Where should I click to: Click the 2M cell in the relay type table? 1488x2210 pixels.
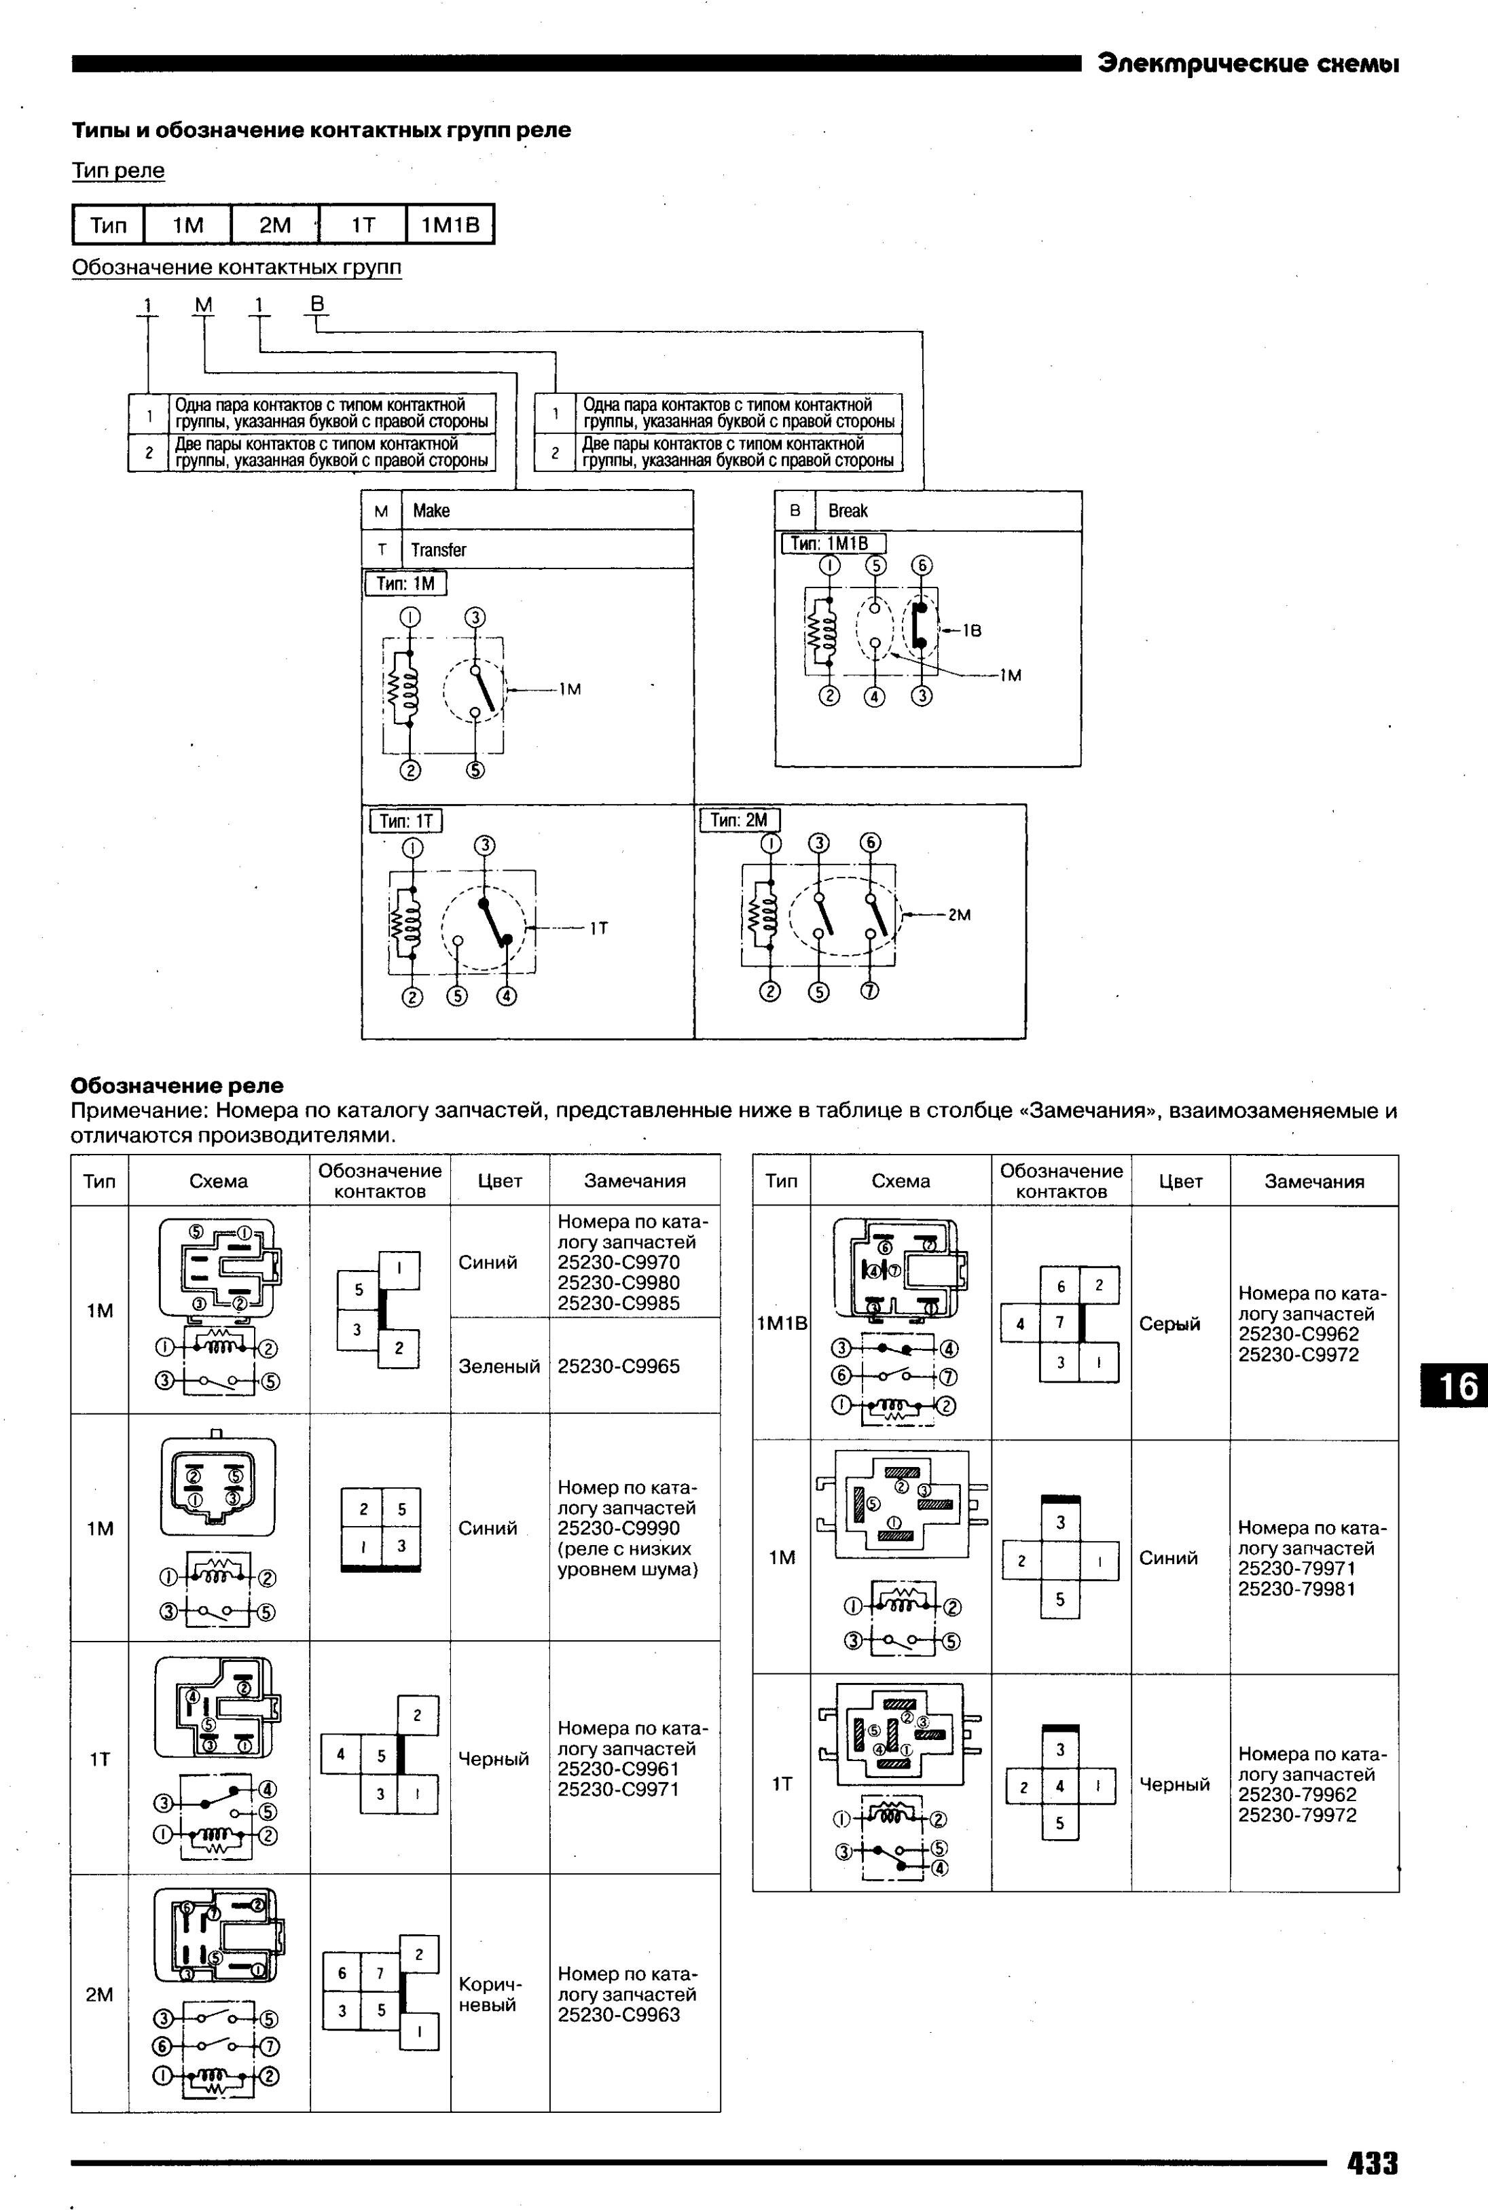[x=275, y=225]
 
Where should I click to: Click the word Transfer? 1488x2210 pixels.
[x=439, y=550]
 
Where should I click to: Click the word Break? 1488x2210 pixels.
[x=848, y=511]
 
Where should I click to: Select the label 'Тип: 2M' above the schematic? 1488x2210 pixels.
[x=740, y=820]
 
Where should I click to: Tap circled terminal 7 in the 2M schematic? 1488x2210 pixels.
[x=869, y=992]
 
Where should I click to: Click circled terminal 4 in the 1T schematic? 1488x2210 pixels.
[x=507, y=997]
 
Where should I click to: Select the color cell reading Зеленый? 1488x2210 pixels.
[x=499, y=1366]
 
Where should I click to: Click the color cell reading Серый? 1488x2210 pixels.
[x=1169, y=1324]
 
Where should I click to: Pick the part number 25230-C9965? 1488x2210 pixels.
[x=619, y=1366]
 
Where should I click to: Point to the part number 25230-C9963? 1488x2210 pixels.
[x=619, y=2014]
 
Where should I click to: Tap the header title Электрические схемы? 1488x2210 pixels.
[x=1248, y=65]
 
